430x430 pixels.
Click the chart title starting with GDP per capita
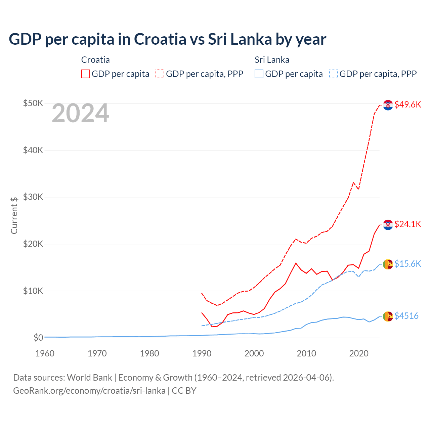167,39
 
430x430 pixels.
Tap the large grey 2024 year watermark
80,113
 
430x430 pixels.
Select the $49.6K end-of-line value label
407,104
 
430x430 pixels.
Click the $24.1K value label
407,224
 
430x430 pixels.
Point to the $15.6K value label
407,264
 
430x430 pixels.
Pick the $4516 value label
406,316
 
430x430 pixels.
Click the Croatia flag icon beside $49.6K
388,105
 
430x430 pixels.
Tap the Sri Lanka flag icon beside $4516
388,316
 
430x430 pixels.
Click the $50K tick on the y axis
33,103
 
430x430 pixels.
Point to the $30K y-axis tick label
33,197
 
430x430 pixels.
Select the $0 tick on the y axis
38,338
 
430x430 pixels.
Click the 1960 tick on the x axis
45,353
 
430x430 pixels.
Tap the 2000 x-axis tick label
254,353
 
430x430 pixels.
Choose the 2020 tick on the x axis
359,353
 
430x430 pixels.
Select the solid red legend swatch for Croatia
86,74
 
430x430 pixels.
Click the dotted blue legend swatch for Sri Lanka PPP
334,74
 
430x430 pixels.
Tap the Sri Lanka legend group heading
272,60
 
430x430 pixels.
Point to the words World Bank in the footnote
89,378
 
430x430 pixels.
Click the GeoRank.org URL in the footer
89,391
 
